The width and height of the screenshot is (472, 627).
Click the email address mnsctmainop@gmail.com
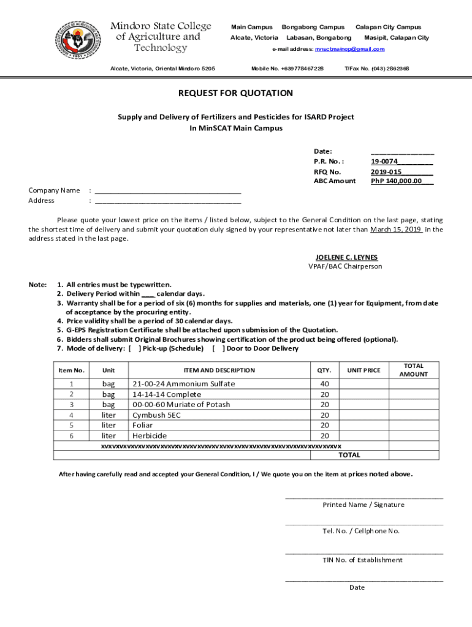(349, 49)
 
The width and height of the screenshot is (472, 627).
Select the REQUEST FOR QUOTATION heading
(235, 94)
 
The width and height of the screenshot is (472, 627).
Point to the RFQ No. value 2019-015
(386, 172)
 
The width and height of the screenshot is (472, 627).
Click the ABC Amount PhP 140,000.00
(397, 181)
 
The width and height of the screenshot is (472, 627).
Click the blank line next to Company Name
(168, 190)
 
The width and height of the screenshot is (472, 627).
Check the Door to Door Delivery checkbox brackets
(217, 349)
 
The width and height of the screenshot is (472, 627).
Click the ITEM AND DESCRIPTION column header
(219, 370)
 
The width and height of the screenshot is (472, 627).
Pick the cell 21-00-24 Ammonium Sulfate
(184, 384)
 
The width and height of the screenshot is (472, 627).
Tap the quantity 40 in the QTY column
(324, 384)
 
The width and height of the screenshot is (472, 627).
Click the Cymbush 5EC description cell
(157, 415)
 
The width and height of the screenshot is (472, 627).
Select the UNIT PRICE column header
(364, 370)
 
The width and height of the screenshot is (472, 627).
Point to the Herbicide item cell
(150, 436)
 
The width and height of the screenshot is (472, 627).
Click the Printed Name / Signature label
(364, 505)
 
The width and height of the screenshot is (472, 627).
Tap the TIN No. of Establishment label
(363, 560)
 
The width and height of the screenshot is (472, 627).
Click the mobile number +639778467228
(287, 69)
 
